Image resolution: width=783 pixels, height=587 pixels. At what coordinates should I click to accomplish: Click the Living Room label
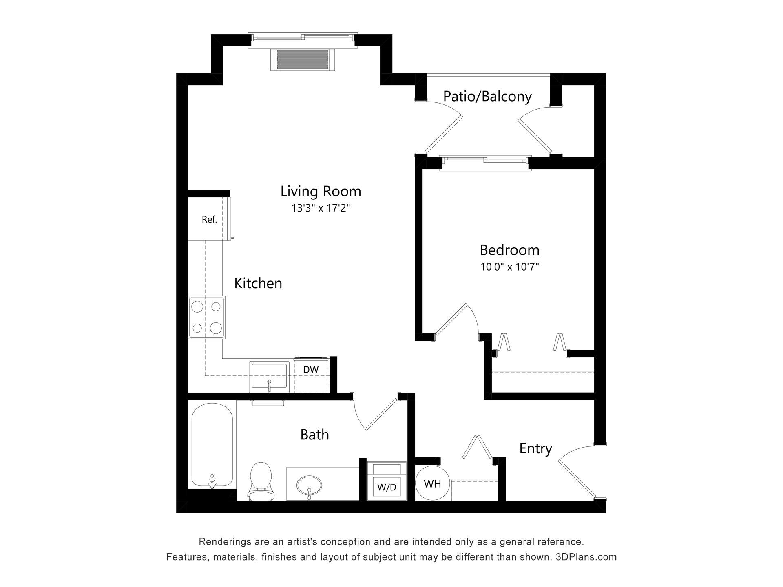tap(321, 191)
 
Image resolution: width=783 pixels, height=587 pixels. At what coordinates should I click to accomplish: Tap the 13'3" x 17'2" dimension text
tap(321, 208)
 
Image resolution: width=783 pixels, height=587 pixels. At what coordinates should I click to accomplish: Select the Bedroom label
tap(509, 250)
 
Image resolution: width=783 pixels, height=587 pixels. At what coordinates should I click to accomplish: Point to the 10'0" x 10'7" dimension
tap(510, 267)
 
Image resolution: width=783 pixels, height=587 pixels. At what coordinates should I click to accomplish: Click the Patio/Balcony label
tap(487, 96)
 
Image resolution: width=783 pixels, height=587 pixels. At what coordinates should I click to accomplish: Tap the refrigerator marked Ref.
tap(209, 219)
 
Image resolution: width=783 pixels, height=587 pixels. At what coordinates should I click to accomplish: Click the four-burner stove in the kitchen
tap(207, 317)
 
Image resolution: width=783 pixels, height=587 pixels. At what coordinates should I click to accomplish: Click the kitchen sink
tap(269, 376)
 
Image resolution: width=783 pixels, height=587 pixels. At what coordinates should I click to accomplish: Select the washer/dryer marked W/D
tap(387, 481)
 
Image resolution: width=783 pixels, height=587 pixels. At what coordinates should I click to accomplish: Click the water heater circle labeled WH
tap(432, 483)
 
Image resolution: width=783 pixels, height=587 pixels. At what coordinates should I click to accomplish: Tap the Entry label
tap(535, 448)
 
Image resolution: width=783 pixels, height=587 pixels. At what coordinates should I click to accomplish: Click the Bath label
tap(314, 435)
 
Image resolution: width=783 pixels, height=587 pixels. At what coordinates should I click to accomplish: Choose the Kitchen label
tap(258, 283)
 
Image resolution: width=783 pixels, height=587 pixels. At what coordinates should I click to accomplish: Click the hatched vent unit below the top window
tap(303, 60)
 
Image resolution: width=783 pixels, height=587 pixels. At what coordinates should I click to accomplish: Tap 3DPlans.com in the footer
tap(586, 557)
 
